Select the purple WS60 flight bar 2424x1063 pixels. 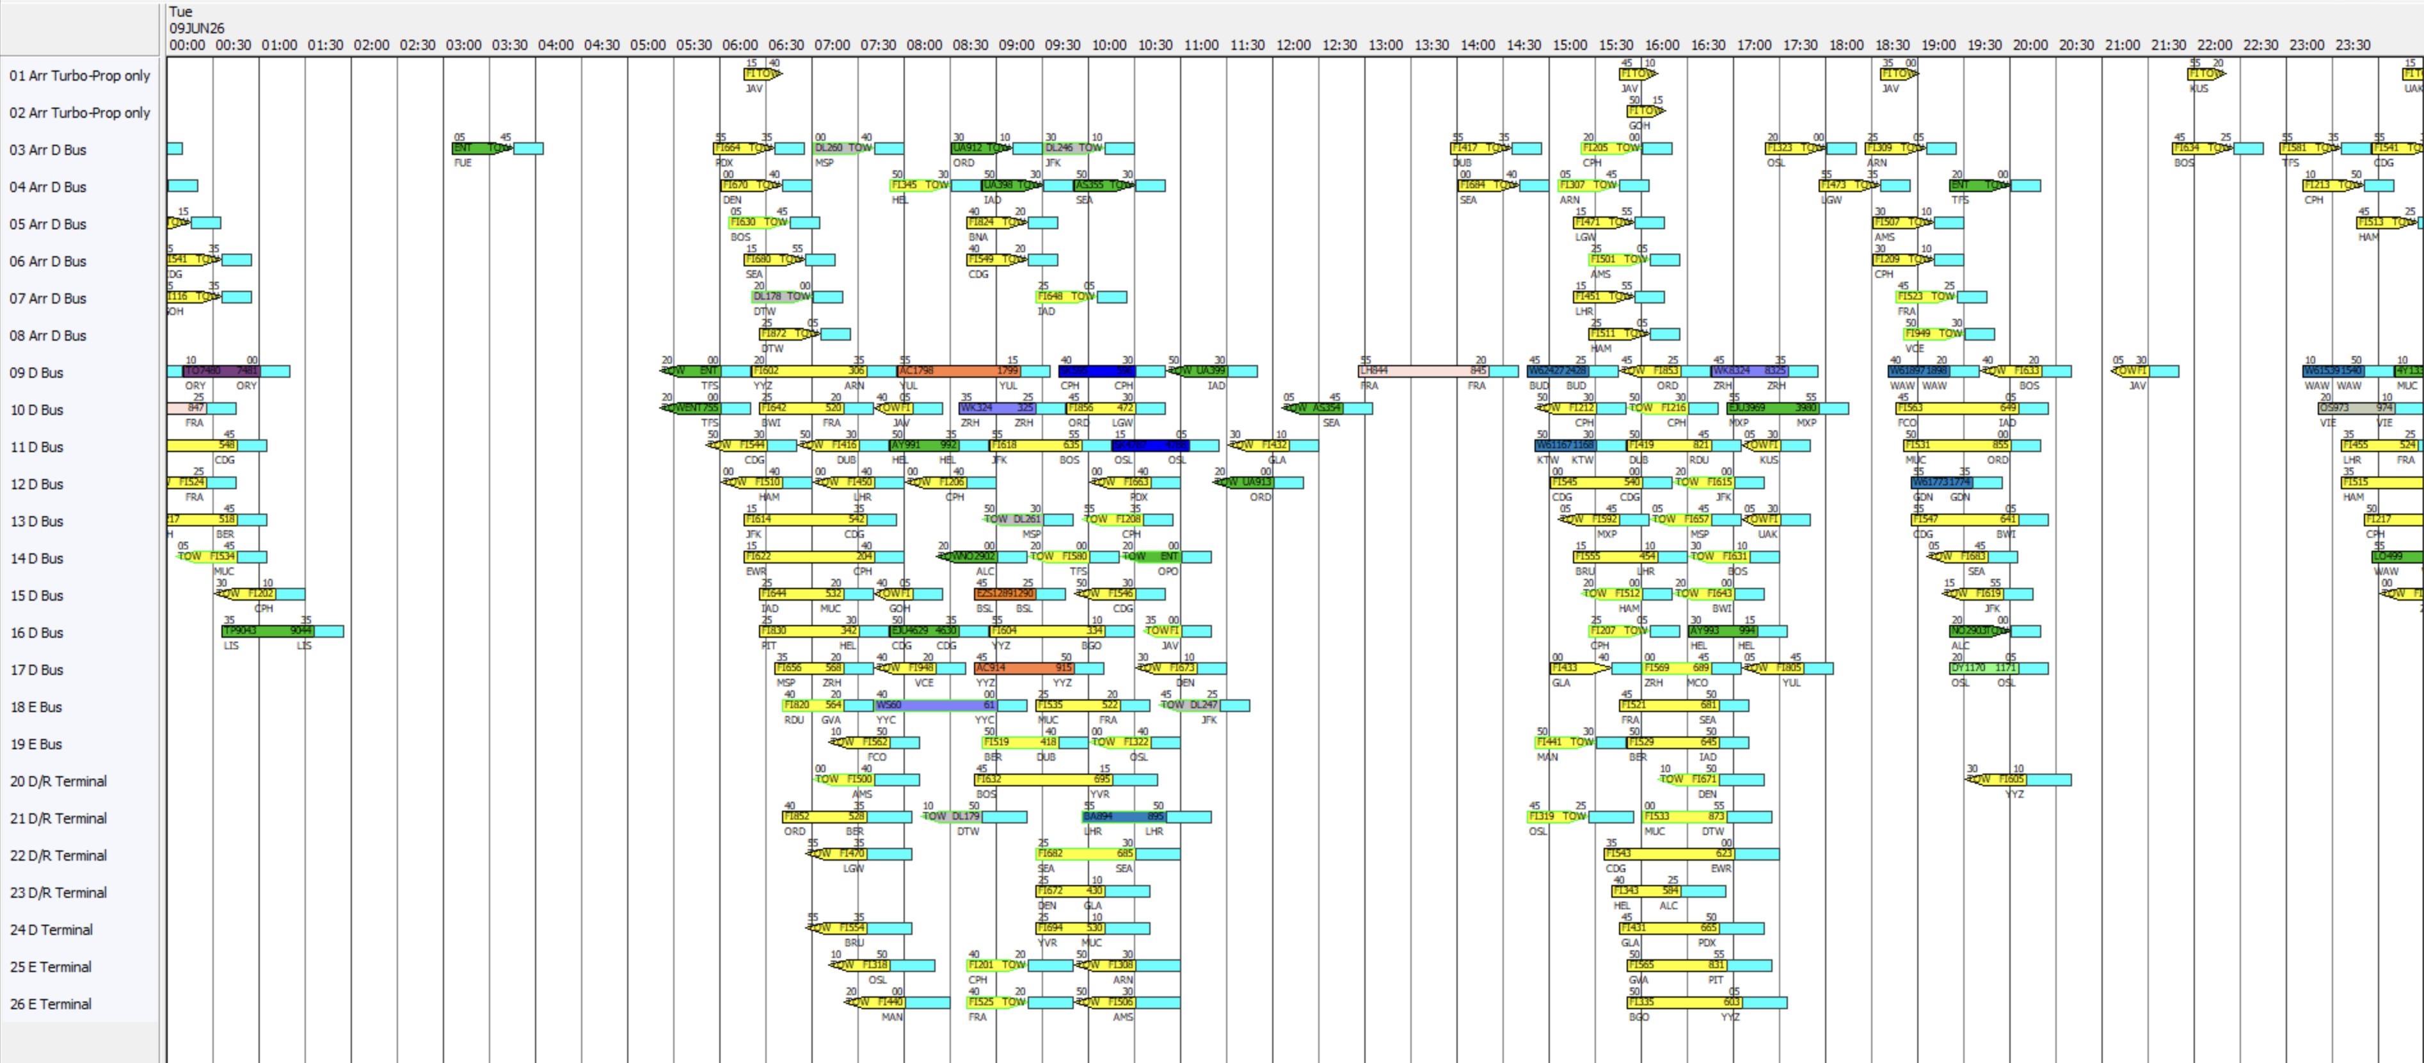pos(936,705)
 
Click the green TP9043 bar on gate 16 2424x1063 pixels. pos(267,631)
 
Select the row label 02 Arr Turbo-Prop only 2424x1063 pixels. pos(79,113)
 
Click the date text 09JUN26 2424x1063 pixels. pos(196,28)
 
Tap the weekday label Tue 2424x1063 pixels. pos(180,12)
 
